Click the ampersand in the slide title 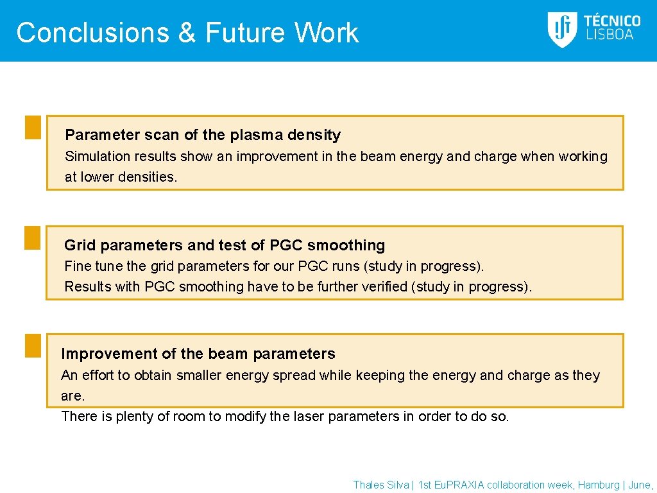(x=187, y=33)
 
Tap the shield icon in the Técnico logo (x=561, y=30)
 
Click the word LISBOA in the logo (x=610, y=35)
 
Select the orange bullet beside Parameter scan (x=33, y=127)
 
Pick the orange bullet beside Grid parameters (x=33, y=238)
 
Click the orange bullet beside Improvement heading (x=33, y=345)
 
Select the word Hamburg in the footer (x=599, y=485)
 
